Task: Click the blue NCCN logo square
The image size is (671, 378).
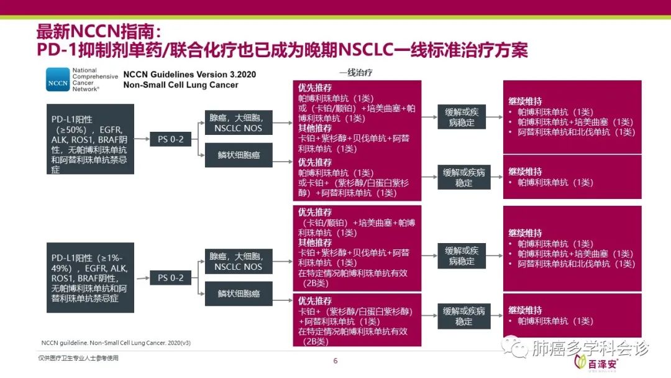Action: [x=58, y=80]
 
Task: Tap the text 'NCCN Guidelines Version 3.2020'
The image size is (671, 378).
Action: [x=189, y=74]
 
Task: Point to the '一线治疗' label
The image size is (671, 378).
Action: [x=355, y=72]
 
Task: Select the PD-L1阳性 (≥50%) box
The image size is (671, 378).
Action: [x=91, y=139]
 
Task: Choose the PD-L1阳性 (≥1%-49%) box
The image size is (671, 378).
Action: [x=91, y=277]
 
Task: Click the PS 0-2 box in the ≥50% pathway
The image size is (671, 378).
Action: [x=170, y=139]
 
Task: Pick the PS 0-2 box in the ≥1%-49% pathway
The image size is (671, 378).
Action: [x=170, y=278]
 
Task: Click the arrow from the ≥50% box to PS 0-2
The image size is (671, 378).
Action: [x=142, y=139]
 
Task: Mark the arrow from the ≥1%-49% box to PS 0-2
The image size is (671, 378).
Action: [x=142, y=278]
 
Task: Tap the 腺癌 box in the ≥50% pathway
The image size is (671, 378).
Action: [x=239, y=122]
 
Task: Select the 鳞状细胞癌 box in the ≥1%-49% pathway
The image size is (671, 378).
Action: [x=239, y=293]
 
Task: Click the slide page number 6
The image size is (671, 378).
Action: [x=335, y=361]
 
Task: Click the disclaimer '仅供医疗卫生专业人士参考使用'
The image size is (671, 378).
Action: [x=78, y=358]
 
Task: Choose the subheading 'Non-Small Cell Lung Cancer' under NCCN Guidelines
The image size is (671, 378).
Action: [x=180, y=85]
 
